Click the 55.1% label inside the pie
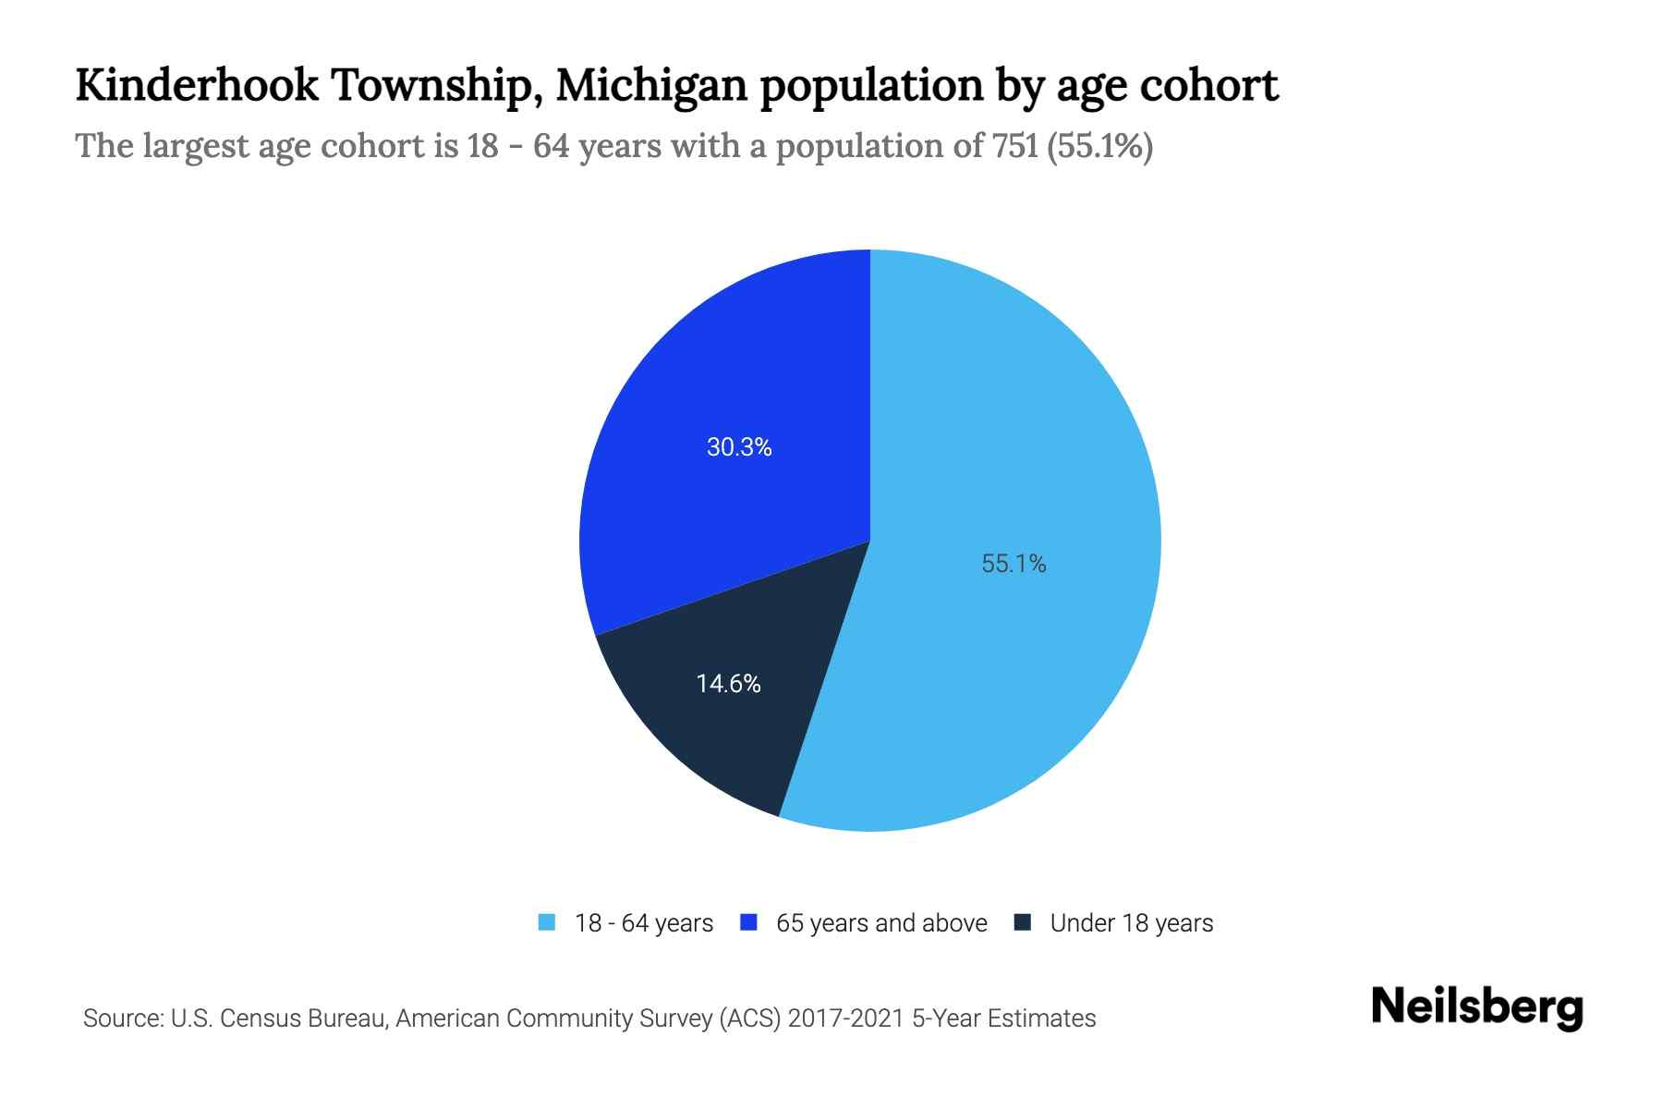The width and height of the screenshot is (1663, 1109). point(1014,564)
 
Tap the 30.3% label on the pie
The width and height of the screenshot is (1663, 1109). point(739,447)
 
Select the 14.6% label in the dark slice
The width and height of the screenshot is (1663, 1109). point(728,684)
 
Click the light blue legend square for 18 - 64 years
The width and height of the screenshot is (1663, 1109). point(547,922)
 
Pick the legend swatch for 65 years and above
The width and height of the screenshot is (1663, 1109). point(749,922)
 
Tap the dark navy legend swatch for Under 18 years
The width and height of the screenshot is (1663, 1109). point(1023,922)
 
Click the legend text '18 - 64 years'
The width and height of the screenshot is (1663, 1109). point(643,923)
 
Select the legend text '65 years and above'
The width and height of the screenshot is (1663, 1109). point(881,923)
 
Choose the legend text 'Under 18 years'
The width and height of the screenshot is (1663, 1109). point(1131,923)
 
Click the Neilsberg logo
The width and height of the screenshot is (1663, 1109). point(1476,1007)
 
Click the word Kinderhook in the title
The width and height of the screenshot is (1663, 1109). point(197,85)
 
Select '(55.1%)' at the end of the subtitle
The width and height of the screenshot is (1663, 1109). point(1099,146)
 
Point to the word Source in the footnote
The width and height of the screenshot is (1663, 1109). point(121,1018)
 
